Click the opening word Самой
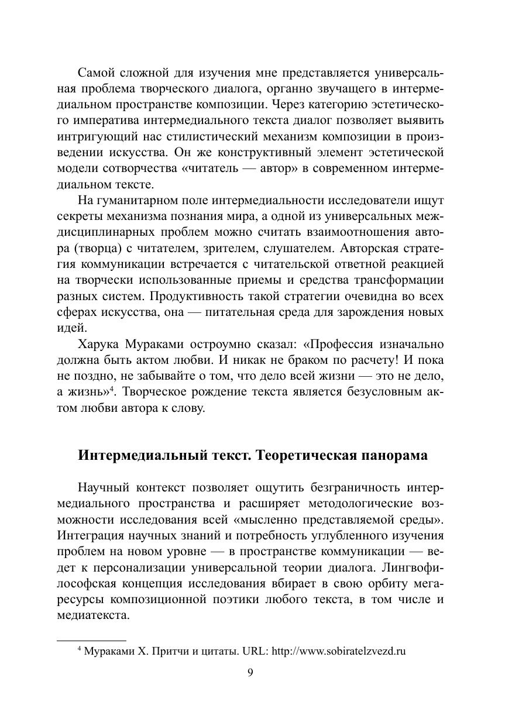pos(95,73)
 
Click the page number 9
pos(250,673)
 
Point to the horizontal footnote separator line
pos(91,641)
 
